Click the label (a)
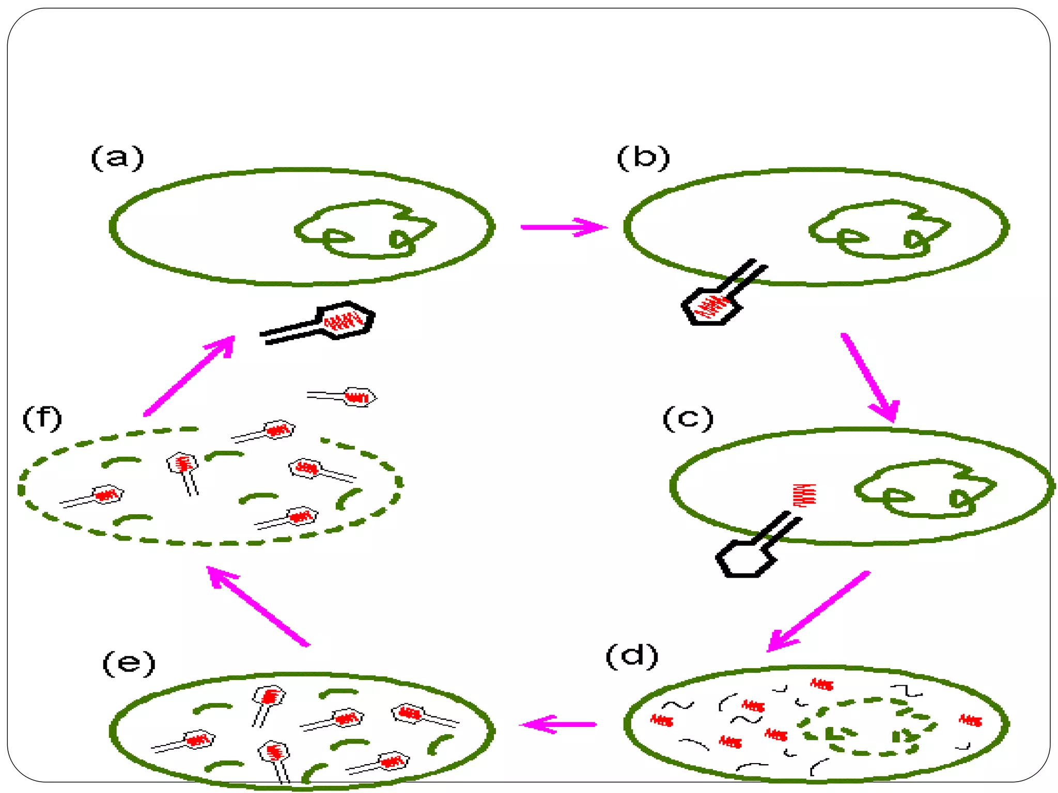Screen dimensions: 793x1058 click(x=117, y=157)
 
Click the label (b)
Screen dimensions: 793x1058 click(x=643, y=157)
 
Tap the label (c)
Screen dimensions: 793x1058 click(x=688, y=418)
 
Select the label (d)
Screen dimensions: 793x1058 click(x=632, y=656)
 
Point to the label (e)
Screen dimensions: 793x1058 click(x=129, y=663)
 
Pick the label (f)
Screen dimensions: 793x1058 click(x=42, y=418)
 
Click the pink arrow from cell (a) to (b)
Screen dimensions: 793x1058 click(x=563, y=227)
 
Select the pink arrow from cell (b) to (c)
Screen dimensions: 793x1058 click(x=870, y=377)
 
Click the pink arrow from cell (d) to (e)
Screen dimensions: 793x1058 click(x=558, y=724)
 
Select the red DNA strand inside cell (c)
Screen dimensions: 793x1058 click(x=804, y=496)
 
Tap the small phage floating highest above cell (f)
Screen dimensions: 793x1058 click(x=344, y=397)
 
